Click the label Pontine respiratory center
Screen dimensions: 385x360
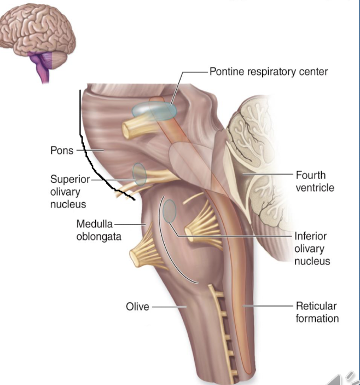(x=269, y=72)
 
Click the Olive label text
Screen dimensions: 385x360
(x=137, y=307)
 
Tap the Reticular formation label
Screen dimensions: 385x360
(x=317, y=312)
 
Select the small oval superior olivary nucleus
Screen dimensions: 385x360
(x=140, y=174)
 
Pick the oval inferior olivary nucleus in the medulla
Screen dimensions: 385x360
(x=170, y=211)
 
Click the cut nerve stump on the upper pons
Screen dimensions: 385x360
(x=132, y=129)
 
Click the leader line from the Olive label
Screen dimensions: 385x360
(x=167, y=307)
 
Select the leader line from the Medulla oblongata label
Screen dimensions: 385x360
(x=130, y=223)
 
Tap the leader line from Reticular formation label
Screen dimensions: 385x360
(x=268, y=306)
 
